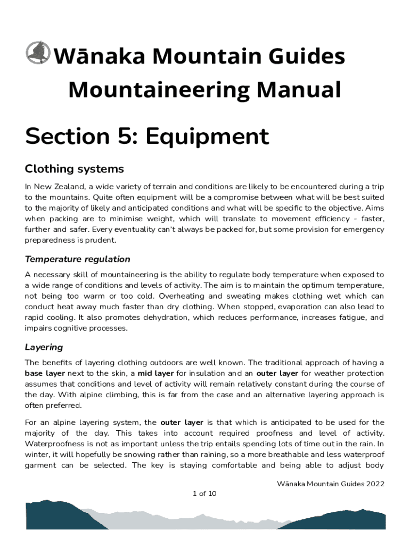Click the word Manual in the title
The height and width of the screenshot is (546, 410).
tap(301, 90)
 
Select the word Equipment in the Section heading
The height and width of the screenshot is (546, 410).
tap(207, 138)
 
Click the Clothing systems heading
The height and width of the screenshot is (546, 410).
tap(74, 169)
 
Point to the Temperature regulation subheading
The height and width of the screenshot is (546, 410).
tap(77, 259)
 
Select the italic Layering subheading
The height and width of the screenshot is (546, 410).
tap(44, 347)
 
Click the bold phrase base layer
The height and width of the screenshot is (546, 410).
tap(45, 373)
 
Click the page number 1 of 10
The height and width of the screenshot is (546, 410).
tap(204, 494)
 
